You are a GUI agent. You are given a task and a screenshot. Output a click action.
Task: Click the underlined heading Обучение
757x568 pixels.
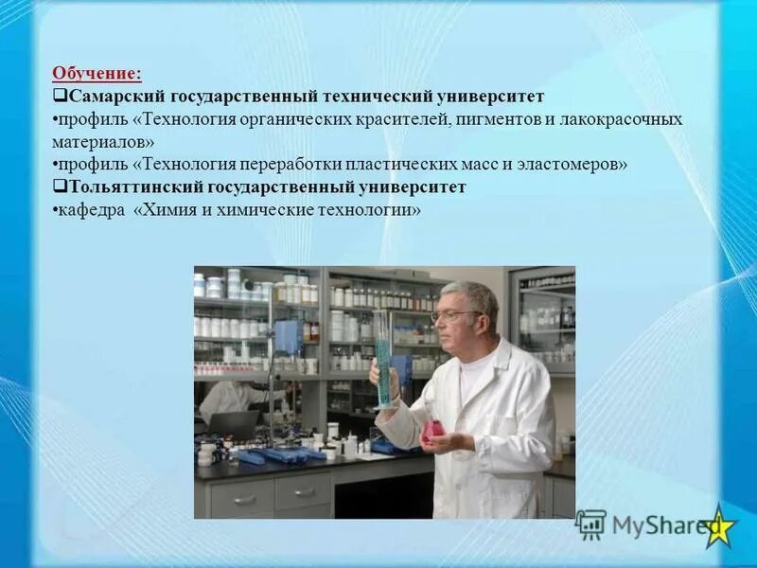(x=97, y=73)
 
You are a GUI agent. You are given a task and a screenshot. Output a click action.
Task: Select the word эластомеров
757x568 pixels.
(x=577, y=164)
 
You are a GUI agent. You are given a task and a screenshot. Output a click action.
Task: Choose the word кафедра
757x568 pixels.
(x=91, y=209)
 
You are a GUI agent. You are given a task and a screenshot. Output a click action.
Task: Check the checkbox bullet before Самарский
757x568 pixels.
(x=58, y=97)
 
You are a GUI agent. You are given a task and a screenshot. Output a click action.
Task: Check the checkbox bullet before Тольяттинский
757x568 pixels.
(x=58, y=186)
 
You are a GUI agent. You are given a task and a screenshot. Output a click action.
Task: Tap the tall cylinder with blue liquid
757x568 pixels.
(x=382, y=360)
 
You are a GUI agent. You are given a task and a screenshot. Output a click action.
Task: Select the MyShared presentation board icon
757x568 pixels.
(x=590, y=525)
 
